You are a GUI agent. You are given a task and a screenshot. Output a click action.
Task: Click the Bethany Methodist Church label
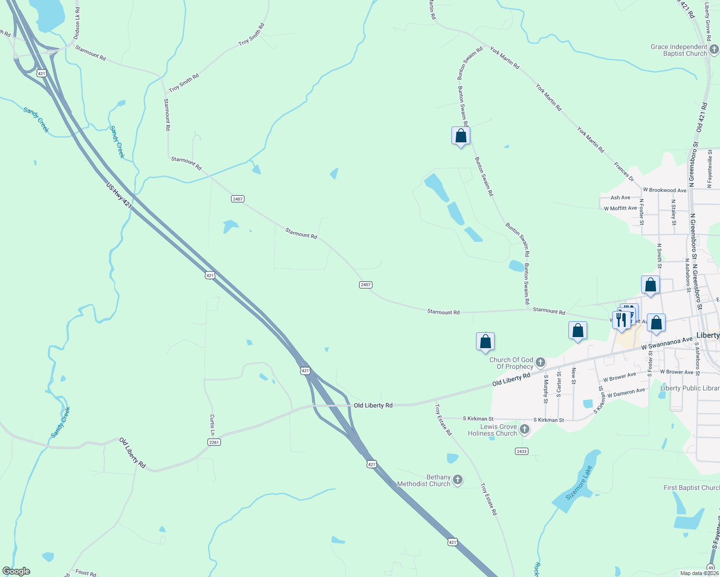pos(424,480)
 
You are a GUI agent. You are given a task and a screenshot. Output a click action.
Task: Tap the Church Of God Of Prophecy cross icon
pos(540,362)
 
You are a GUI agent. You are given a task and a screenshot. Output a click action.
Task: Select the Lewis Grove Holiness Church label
pos(492,430)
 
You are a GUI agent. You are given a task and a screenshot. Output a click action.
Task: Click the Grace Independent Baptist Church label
pos(679,50)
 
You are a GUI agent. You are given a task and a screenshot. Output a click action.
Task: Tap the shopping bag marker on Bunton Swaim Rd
pos(461,136)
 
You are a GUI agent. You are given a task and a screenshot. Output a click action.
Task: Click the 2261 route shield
pos(214,442)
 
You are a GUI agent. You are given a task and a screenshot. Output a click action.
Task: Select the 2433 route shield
pos(521,451)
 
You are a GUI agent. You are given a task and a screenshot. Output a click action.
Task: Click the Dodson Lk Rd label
pos(77,23)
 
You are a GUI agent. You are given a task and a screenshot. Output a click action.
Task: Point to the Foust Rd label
pos(86,572)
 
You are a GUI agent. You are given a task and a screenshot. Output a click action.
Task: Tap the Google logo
pos(16,571)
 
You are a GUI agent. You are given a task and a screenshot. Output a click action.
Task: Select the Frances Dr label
pos(624,172)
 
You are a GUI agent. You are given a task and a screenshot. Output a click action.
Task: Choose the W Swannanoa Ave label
pos(667,343)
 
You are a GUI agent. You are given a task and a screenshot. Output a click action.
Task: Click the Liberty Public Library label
pos(690,388)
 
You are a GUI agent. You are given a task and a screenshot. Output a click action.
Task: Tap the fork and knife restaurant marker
pos(621,319)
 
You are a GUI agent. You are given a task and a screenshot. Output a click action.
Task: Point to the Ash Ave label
pos(620,198)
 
